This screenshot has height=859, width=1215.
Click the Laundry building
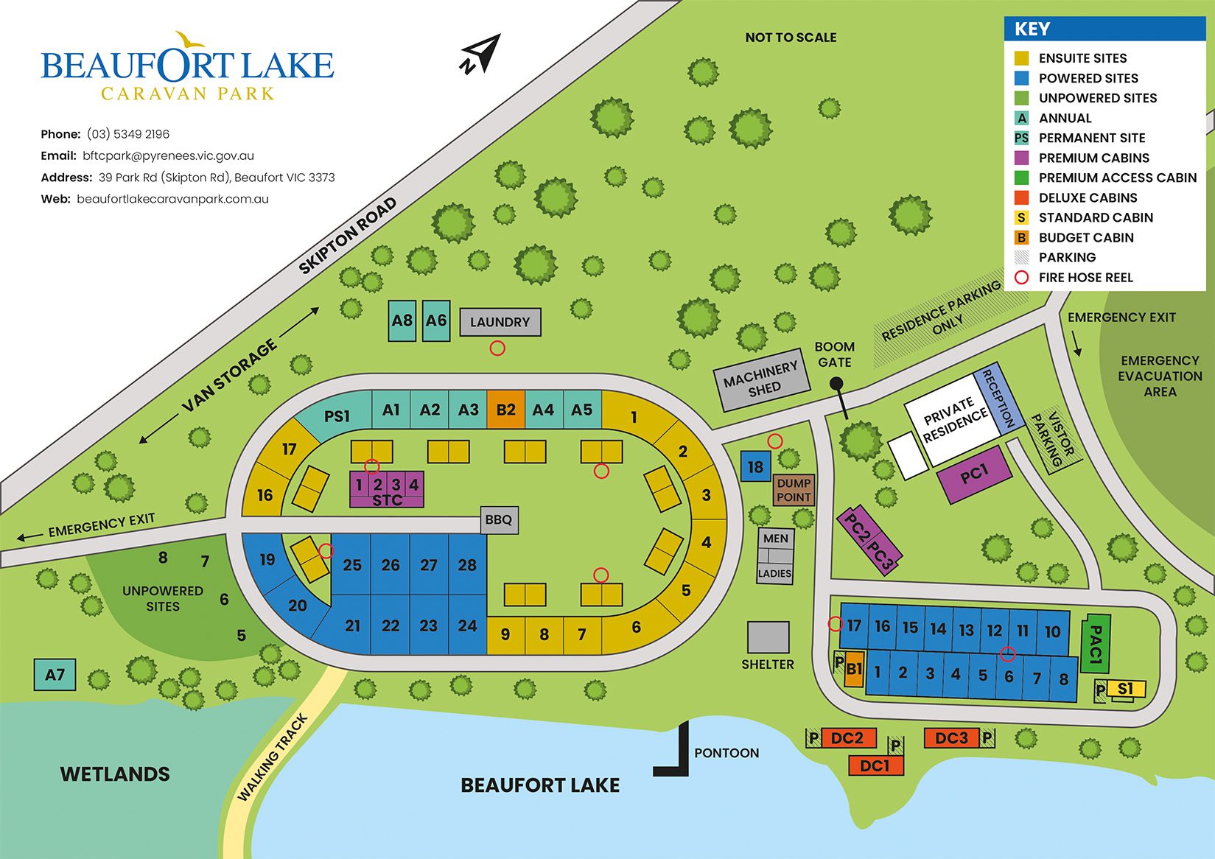[500, 322]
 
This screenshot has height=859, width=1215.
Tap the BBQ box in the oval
[499, 520]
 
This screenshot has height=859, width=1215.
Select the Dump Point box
[794, 490]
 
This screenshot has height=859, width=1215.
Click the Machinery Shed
[761, 379]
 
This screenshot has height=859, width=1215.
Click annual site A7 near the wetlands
[55, 674]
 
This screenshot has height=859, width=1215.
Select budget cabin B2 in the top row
[505, 410]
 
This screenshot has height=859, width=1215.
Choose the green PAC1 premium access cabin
[1095, 643]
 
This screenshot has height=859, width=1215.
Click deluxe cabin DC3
[951, 737]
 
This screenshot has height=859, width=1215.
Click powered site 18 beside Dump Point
[755, 466]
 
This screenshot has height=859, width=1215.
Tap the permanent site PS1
[336, 416]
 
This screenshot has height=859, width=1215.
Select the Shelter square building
[768, 637]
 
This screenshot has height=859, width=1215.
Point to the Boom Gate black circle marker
[836, 384]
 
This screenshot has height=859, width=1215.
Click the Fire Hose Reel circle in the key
[1021, 278]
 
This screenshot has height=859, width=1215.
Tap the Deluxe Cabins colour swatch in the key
[1021, 197]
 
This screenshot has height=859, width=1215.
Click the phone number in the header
[128, 134]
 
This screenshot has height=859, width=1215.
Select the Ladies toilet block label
[774, 573]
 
